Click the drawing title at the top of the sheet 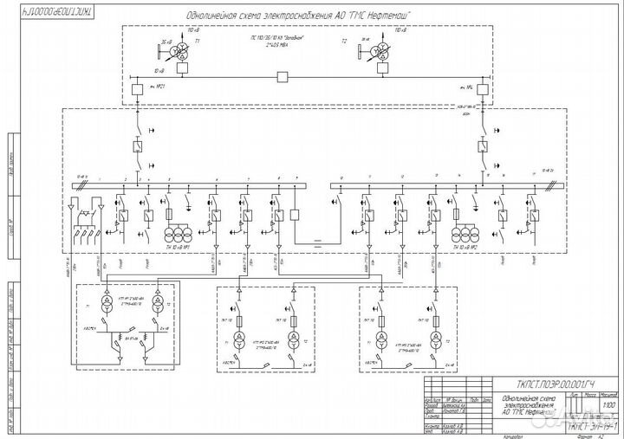[299, 16]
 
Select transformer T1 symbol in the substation [179, 53]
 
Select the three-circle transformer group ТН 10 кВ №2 [465, 235]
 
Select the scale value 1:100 [600, 404]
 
